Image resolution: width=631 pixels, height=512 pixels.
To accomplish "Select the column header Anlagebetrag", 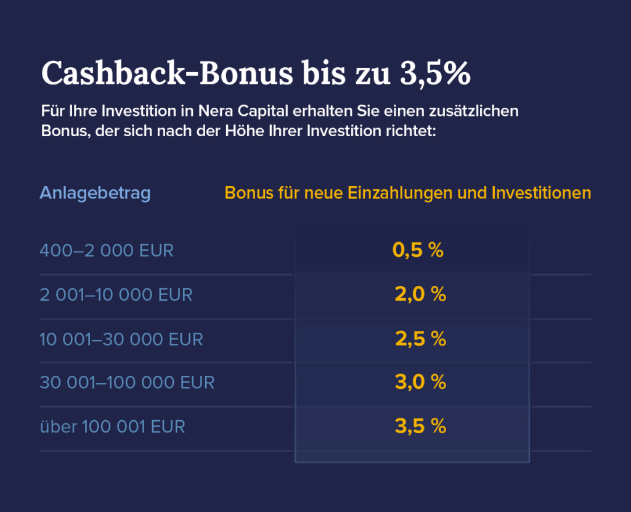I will tap(95, 193).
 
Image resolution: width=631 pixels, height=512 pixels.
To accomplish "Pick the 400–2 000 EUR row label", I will tap(107, 251).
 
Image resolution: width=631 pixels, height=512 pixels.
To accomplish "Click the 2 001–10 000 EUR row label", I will tap(116, 295).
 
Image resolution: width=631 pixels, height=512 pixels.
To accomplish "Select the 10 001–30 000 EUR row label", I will tap(121, 339).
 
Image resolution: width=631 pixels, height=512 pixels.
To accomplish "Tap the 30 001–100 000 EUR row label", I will tap(127, 383).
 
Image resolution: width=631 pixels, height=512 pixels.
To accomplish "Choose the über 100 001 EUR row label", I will tap(112, 426).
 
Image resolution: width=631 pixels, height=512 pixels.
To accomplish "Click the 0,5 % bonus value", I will tap(418, 251).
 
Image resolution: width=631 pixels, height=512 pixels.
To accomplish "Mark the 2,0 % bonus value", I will tap(420, 295).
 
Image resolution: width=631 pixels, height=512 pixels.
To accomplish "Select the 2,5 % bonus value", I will tap(420, 339).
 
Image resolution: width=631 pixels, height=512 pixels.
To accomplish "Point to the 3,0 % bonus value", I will tap(420, 383).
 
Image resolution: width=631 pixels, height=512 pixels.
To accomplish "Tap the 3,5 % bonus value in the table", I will tap(420, 426).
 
